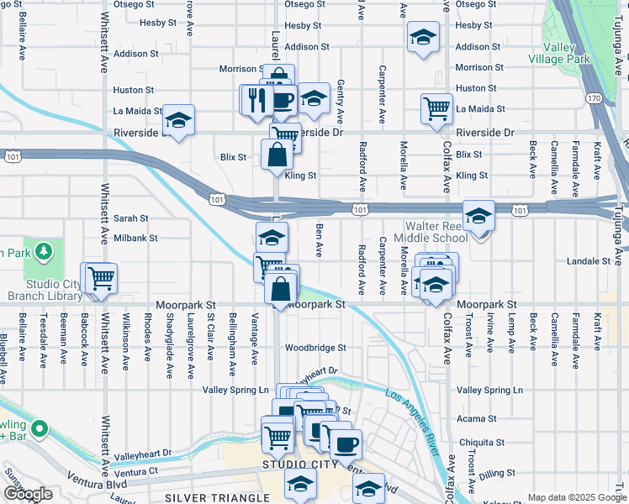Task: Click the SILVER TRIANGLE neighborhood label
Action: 206,497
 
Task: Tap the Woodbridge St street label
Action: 315,347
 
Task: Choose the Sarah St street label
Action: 130,218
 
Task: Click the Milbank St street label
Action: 135,239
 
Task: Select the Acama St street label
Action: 478,418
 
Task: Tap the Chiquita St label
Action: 482,443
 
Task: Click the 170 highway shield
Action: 595,98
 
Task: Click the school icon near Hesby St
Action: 423,36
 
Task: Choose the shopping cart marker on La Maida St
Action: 436,107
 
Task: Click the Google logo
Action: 28,494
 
